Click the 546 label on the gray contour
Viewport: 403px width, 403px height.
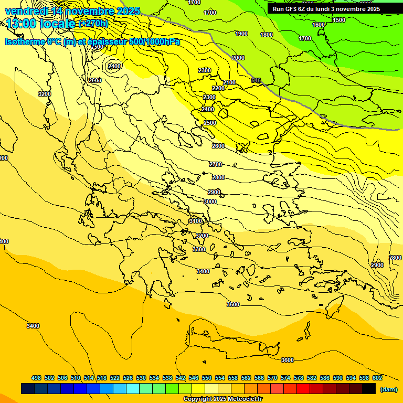[x=256, y=80]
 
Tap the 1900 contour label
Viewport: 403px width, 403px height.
[x=241, y=34]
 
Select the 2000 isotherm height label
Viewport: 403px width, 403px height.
[x=238, y=58]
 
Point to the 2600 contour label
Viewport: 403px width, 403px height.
[x=218, y=146]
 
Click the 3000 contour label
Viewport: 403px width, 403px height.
[x=210, y=201]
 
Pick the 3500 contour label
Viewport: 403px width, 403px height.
[x=233, y=304]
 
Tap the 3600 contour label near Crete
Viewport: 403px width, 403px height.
[x=288, y=360]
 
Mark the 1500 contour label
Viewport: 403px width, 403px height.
[x=339, y=20]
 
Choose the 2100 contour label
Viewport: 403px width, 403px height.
[x=229, y=82]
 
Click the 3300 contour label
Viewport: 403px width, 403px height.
[x=199, y=249]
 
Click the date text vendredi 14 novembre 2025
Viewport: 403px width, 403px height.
[x=72, y=11]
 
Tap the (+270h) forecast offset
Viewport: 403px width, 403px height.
[x=93, y=24]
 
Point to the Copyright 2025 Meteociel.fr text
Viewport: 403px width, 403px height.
[x=222, y=399]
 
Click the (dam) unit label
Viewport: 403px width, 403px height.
[x=388, y=389]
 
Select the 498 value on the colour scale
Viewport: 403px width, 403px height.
[x=36, y=378]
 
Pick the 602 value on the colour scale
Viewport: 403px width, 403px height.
[x=377, y=378]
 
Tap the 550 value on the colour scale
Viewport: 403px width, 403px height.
[x=207, y=378]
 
